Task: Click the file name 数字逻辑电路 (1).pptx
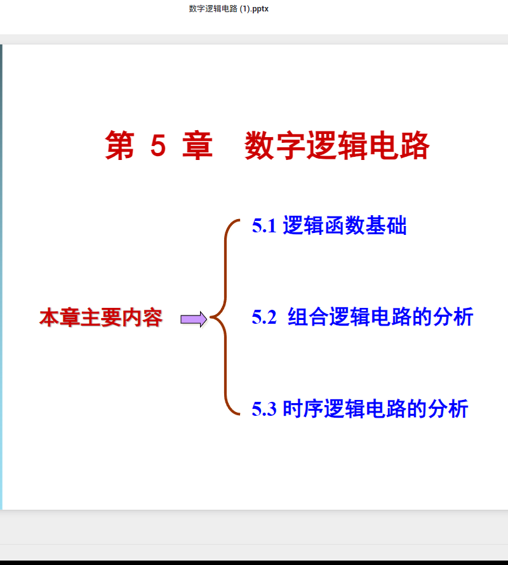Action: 229,9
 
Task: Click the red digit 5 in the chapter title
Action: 158,145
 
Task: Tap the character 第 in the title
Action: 120,145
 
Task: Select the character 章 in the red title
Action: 197,145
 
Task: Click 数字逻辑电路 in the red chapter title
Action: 337,145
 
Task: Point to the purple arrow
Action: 194,319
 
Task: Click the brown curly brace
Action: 225,317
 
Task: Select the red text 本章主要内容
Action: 101,317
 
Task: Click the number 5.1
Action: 264,225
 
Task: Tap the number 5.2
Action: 264,317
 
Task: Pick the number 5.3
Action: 264,409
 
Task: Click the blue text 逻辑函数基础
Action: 345,225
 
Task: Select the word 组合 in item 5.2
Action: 308,317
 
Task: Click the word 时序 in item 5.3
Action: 304,409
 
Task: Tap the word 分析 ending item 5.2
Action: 453,317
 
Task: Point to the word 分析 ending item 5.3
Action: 448,409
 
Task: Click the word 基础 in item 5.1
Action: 386,225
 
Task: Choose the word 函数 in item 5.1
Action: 345,225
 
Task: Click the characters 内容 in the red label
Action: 142,317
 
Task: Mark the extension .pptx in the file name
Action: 260,9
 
